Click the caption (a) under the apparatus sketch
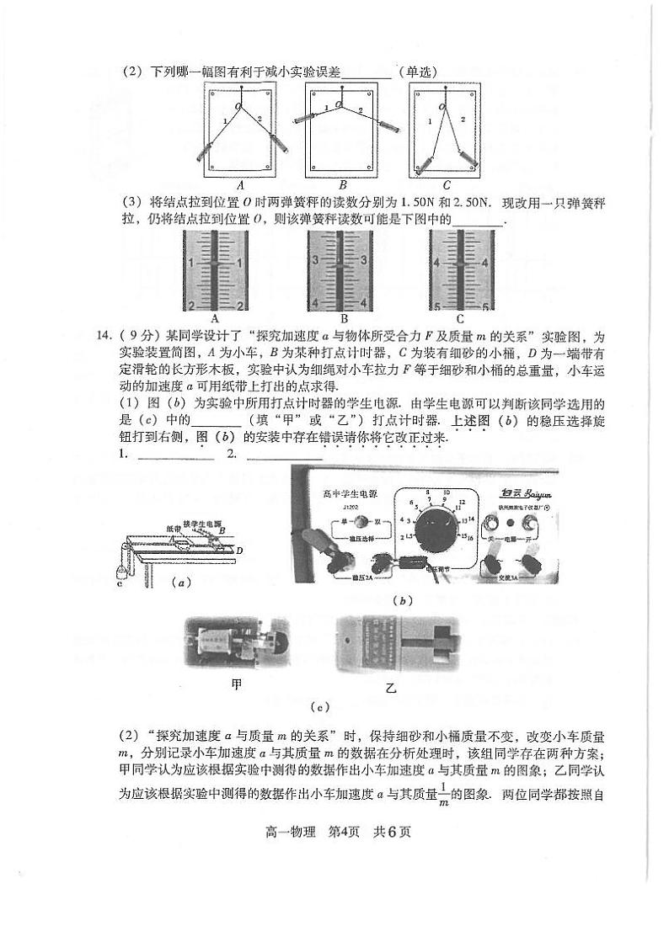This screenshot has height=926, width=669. (179, 582)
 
